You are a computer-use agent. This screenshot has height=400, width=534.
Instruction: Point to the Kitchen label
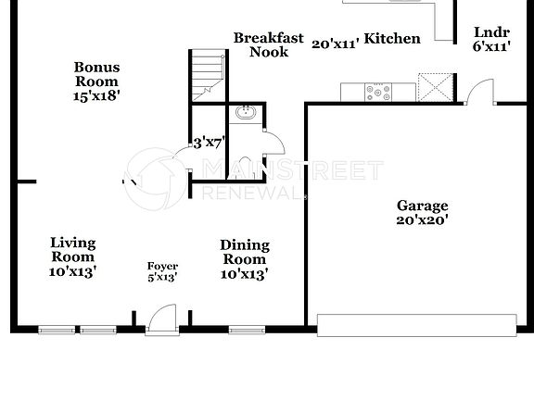392,39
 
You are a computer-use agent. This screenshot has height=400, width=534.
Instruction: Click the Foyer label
162,267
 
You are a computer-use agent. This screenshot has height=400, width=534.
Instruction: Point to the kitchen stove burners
377,92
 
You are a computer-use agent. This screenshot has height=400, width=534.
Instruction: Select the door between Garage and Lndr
478,93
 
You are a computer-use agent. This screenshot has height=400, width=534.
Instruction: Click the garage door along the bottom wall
416,324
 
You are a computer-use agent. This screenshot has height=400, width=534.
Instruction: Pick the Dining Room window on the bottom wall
244,328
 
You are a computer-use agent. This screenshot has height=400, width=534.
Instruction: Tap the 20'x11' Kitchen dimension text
335,44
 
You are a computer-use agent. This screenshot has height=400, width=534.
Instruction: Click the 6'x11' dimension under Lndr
490,46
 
